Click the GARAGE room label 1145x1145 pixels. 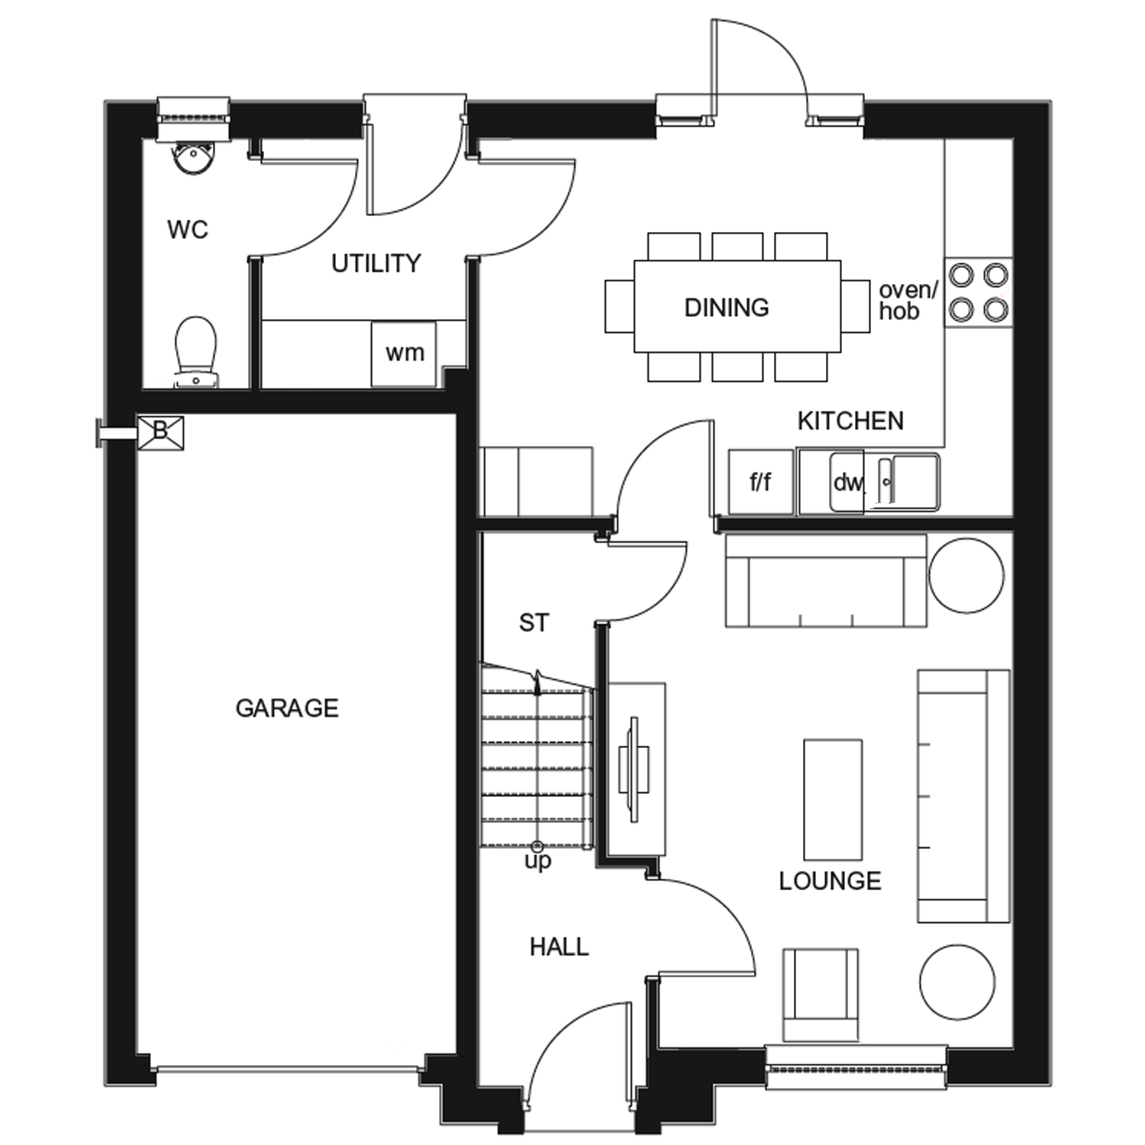click(286, 708)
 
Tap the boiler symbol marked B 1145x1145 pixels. click(160, 432)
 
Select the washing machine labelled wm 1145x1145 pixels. click(404, 353)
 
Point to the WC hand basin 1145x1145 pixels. click(192, 158)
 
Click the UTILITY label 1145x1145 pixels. click(376, 263)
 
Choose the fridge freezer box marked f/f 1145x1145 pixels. click(760, 482)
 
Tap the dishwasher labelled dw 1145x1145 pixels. click(847, 482)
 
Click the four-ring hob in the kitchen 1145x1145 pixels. click(979, 292)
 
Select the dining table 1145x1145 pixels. click(737, 307)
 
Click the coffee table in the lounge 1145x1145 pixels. click(833, 799)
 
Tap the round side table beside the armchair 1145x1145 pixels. click(957, 982)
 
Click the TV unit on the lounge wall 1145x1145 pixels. click(635, 769)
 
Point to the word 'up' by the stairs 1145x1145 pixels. click(537, 862)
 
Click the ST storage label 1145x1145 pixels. click(534, 623)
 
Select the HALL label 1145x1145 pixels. click(559, 947)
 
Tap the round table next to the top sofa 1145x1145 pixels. click(966, 576)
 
